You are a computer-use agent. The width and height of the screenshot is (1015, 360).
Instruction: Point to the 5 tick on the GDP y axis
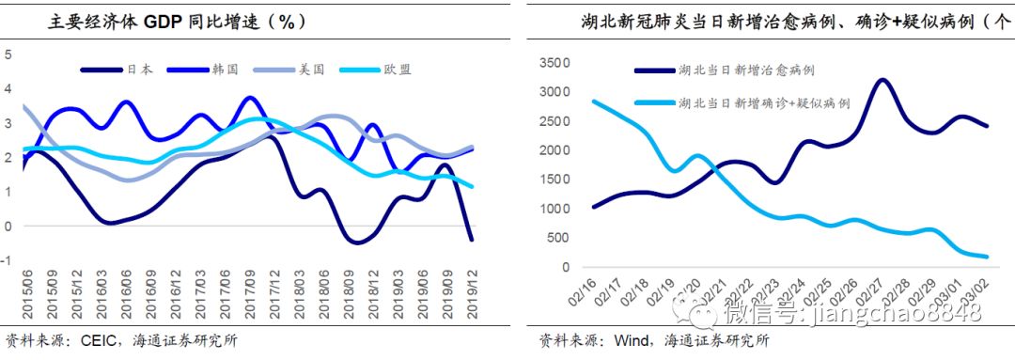click(x=8, y=54)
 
